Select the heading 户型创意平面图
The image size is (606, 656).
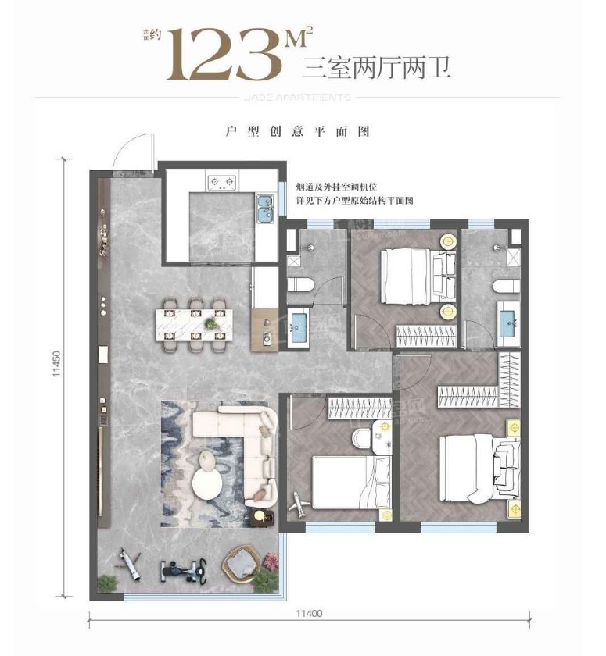click(296, 132)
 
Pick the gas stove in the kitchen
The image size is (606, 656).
click(222, 184)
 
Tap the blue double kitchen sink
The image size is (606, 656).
click(265, 209)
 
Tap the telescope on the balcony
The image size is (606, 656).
click(128, 566)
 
